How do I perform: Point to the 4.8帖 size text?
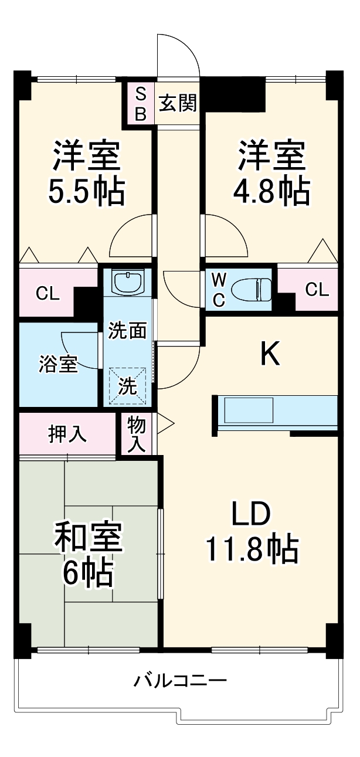tap(271, 191)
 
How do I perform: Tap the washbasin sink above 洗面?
tap(127, 283)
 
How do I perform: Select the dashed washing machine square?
tap(127, 385)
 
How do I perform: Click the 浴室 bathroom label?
tap(59, 364)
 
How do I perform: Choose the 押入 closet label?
tap(67, 434)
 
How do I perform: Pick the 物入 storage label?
tap(137, 434)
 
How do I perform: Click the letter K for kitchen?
tap(270, 354)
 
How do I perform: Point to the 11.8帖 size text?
tap(252, 549)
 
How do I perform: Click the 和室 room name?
tap(88, 538)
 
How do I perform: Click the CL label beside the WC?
tap(317, 289)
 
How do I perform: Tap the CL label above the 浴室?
tap(48, 294)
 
